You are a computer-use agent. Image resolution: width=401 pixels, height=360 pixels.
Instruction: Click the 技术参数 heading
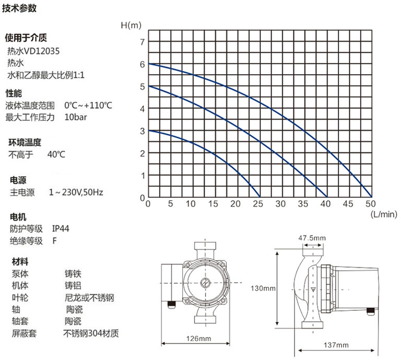[19, 8]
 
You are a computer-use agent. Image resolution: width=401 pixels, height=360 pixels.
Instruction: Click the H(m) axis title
[131, 25]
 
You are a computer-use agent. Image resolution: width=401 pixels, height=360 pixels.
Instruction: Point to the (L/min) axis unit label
[384, 214]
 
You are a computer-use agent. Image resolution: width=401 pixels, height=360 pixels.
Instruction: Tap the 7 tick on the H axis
[142, 42]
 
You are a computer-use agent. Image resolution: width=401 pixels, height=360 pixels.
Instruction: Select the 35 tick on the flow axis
[303, 204]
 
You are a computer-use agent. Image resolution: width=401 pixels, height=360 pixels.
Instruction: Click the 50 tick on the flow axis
[371, 204]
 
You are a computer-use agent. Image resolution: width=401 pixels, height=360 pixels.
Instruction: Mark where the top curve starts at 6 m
[149, 64]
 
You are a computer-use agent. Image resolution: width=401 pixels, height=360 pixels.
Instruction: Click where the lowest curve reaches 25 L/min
[260, 197]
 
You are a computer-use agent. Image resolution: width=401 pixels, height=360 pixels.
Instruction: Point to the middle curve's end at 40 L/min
[327, 197]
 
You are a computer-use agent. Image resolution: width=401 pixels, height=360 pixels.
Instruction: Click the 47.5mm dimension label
[312, 238]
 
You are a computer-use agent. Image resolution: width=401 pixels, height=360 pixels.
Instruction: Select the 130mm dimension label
[263, 288]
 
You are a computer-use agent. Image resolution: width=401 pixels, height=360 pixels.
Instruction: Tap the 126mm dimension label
[199, 339]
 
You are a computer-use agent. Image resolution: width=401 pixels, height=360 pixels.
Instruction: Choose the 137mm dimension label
[336, 345]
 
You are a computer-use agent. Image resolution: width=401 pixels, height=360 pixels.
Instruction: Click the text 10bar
[75, 118]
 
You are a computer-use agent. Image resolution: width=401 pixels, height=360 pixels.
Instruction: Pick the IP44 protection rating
[60, 229]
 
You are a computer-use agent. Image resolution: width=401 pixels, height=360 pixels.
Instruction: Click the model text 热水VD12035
[33, 51]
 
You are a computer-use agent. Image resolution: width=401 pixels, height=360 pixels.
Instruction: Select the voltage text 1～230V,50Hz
[76, 192]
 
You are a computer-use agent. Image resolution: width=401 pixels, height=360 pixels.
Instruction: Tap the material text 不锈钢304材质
[91, 333]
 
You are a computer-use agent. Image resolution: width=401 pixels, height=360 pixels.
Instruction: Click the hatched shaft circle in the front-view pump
[205, 283]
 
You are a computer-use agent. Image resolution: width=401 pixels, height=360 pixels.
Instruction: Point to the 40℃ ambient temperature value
[56, 154]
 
